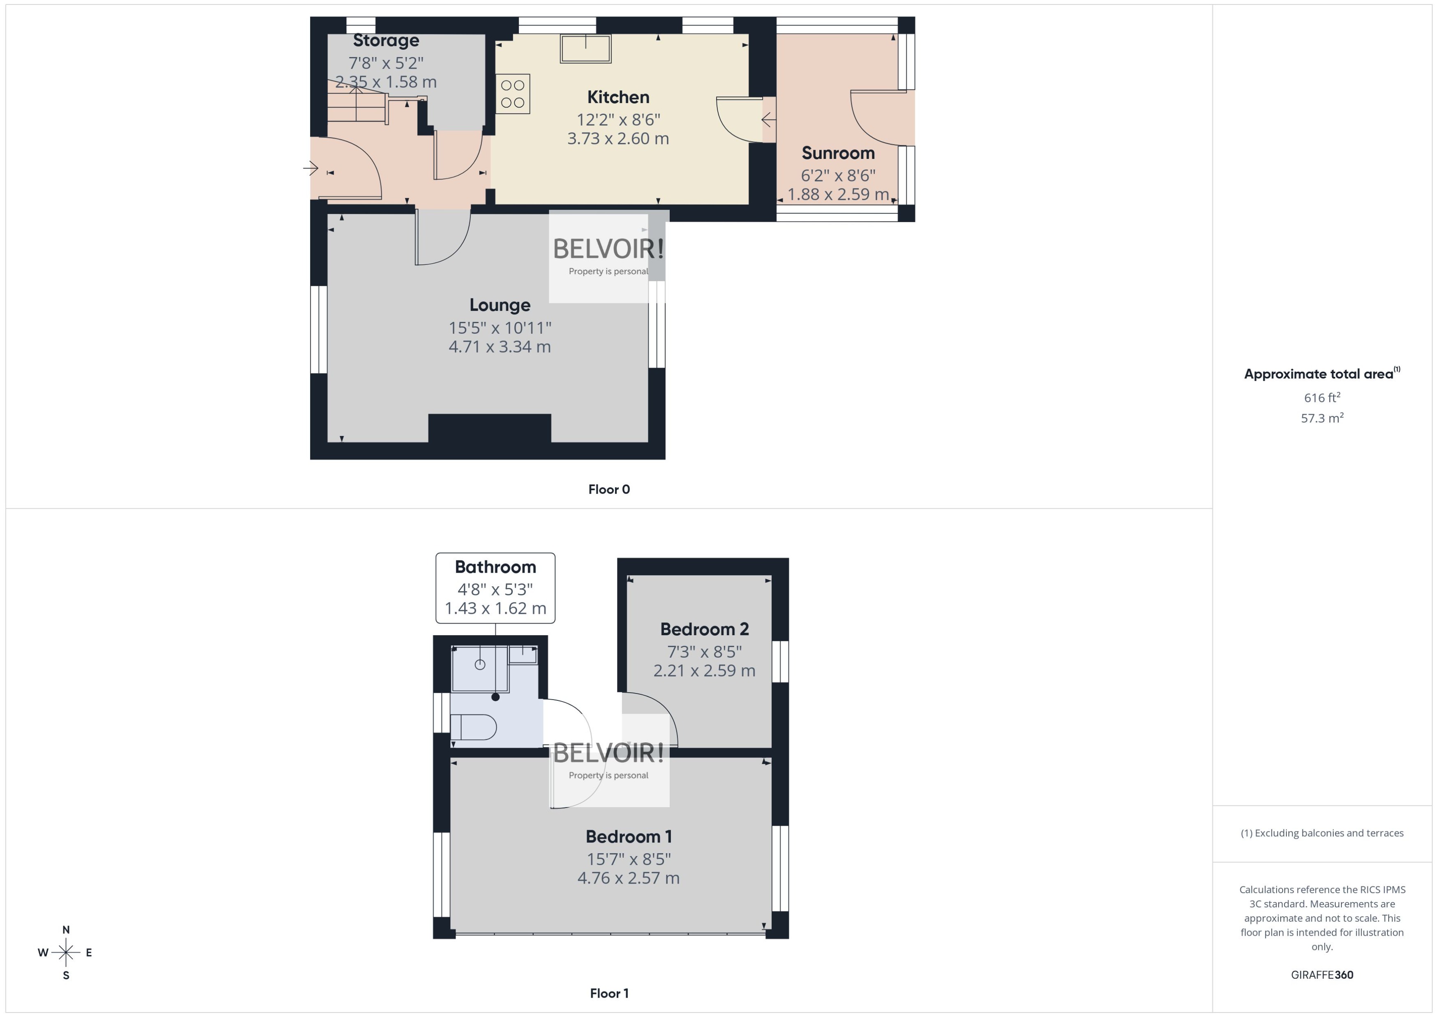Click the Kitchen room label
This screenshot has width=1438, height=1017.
pos(618,97)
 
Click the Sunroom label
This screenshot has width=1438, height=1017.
pos(838,153)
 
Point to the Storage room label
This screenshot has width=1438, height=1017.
pos(386,41)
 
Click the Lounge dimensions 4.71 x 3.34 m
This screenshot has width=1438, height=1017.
pos(499,346)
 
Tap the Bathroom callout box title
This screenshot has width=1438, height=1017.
pos(495,567)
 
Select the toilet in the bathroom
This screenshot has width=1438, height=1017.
pos(474,727)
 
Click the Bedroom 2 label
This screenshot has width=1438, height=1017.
pos(704,629)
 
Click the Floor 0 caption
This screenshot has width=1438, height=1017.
pos(608,489)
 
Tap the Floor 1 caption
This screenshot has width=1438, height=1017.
pos(608,993)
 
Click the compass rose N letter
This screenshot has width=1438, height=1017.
pos(66,930)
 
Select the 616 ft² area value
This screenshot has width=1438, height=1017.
pos(1321,398)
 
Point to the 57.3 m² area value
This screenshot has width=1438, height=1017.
pos(1321,418)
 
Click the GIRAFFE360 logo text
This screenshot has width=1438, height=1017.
pos(1321,974)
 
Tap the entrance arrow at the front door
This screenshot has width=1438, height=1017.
pos(311,168)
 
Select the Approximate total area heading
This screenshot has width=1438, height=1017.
pos(1319,374)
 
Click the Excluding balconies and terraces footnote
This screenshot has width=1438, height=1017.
pos(1321,833)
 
